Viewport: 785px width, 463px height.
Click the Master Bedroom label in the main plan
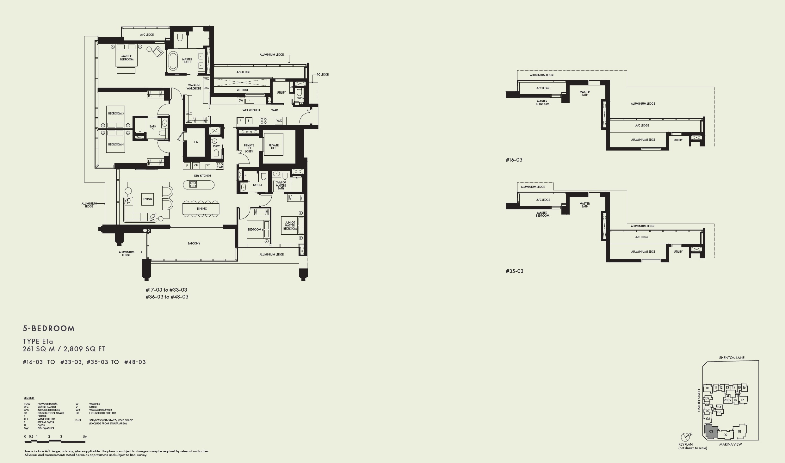click(127, 58)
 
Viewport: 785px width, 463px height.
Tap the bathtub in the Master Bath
click(173, 61)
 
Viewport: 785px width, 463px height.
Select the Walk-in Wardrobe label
click(194, 87)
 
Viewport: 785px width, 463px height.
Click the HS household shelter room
click(196, 142)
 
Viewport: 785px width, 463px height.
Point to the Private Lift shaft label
click(274, 147)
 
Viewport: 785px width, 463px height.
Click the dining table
click(201, 209)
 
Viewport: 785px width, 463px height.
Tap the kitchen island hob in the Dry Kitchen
click(193, 184)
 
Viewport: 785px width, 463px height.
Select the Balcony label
click(194, 244)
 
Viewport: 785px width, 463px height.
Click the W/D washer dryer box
click(279, 121)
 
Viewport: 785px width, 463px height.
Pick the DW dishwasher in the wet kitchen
click(241, 101)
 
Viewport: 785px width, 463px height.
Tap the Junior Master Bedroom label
click(290, 225)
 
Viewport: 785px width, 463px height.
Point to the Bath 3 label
click(153, 128)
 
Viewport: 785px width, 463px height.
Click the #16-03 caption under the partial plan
click(514, 160)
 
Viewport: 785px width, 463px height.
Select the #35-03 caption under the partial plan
click(514, 271)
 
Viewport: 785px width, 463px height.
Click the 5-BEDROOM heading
click(49, 329)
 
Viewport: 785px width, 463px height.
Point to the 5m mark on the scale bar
click(85, 437)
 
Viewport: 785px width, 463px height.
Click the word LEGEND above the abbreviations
click(29, 398)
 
